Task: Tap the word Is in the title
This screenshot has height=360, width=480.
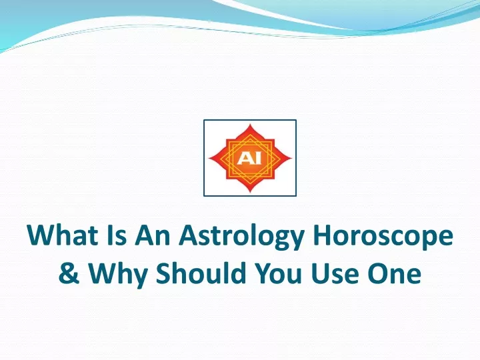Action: [x=117, y=235]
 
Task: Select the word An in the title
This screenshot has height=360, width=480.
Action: [x=153, y=235]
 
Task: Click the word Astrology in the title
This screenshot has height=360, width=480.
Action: [x=241, y=237]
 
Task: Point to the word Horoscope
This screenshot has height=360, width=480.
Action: [x=383, y=237]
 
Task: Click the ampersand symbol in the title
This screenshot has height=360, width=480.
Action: [x=69, y=272]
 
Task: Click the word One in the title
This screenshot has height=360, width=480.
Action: [x=394, y=272]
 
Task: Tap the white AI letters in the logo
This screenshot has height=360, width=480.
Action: [x=249, y=158]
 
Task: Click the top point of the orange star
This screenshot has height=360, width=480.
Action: [x=250, y=124]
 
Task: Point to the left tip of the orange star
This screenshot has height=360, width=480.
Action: [x=209, y=158]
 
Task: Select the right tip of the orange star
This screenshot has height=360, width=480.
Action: [x=291, y=158]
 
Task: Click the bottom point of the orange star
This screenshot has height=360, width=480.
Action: [x=250, y=192]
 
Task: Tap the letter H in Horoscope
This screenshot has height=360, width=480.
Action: [x=322, y=235]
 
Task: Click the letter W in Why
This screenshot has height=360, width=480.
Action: [x=103, y=272]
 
